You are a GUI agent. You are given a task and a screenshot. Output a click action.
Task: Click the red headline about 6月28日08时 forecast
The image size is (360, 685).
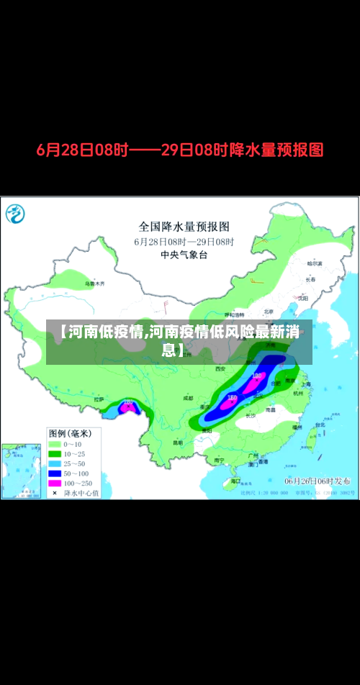point(180,150)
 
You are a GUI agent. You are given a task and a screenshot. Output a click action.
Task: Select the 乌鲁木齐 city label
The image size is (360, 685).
point(94,283)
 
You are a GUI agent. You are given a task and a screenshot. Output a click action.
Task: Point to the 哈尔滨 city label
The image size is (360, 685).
point(314,263)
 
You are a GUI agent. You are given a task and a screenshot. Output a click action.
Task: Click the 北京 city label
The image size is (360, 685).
point(269,312)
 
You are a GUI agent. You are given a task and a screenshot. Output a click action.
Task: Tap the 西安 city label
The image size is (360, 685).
point(220,368)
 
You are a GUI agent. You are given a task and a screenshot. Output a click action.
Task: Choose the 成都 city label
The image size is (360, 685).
point(188,397)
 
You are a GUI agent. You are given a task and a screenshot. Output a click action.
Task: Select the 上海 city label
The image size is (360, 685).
point(307,384)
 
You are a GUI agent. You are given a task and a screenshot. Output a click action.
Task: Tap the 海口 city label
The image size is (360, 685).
point(235,481)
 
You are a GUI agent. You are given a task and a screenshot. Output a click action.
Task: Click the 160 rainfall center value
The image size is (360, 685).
point(232,397)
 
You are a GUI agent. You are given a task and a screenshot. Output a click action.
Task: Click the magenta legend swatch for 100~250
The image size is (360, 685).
point(55,482)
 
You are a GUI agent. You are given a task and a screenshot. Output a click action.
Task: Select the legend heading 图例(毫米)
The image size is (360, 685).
point(69,433)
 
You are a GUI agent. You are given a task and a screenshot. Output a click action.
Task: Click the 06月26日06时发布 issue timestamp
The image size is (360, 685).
point(318,480)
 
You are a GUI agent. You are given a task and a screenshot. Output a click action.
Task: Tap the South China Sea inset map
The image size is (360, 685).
point(22,471)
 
